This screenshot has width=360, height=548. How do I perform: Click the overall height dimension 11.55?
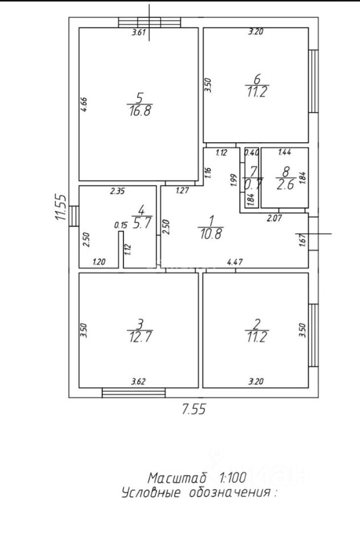60,207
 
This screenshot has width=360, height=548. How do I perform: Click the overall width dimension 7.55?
194,409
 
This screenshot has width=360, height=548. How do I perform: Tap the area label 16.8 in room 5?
140,111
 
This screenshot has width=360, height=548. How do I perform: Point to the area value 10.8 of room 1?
211,233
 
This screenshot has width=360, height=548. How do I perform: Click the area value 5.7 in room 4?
141,223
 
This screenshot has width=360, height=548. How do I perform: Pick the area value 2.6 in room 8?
285,185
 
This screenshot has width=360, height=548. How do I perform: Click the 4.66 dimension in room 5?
84,104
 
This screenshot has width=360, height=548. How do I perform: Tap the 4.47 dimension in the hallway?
234,261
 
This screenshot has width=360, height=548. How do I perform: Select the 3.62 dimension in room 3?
138,381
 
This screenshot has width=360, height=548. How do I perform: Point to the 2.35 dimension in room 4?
118,191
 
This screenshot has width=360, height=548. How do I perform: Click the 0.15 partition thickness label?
120,225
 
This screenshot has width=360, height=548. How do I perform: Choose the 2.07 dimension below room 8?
274,219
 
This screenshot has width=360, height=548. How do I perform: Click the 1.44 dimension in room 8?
284,152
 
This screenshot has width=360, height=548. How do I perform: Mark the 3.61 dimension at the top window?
138,33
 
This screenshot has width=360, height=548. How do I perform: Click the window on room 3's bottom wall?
134,393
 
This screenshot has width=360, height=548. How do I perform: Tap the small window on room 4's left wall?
74,216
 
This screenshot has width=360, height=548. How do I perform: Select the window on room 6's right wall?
314,81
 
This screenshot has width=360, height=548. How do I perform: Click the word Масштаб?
177,477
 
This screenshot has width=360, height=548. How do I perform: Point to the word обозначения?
230,493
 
